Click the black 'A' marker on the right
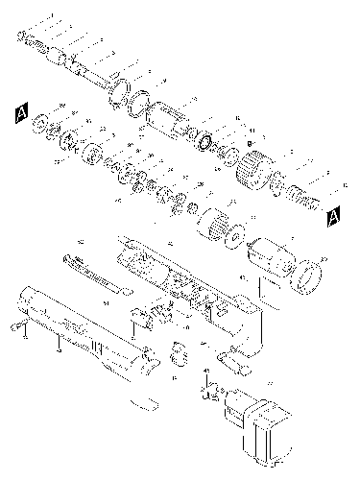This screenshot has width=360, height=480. click(333, 214)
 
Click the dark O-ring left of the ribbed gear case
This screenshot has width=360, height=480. click(204, 142)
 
